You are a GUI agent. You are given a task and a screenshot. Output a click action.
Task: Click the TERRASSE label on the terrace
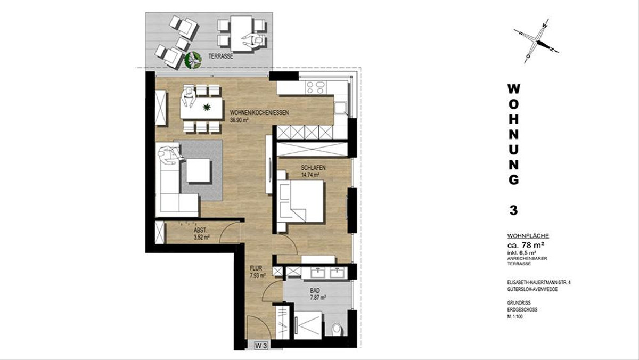pos(220,56)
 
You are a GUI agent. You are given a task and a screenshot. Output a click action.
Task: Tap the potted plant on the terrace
pos(193,60)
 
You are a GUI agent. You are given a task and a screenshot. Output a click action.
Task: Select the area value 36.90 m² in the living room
pos(239,120)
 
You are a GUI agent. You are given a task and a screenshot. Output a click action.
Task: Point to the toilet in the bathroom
pos(337,329)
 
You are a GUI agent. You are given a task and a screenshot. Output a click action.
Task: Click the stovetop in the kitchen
pos(316,87)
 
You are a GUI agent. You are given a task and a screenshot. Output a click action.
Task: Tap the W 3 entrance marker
pos(261,346)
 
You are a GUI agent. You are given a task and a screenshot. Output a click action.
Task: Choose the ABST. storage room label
pos(200,230)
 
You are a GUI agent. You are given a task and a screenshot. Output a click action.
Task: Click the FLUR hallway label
pos(256,268)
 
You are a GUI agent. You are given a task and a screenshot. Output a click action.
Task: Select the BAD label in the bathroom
pos(315,291)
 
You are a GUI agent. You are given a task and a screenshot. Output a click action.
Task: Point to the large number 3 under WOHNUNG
pos(513,210)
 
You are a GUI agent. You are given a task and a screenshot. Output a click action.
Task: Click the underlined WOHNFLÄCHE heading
pos(528,236)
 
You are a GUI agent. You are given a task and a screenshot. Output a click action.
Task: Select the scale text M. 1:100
pos(515,316)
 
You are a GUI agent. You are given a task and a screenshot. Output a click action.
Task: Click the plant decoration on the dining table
pos(207,107)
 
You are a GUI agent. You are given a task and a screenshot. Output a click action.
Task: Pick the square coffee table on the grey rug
pos(199,170)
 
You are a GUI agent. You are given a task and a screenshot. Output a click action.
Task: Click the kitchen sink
pos(341,108)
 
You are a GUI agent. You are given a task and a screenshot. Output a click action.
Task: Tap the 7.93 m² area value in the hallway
pos(258,276)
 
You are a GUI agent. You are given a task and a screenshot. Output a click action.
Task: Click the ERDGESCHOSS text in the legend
pos(522,310)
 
